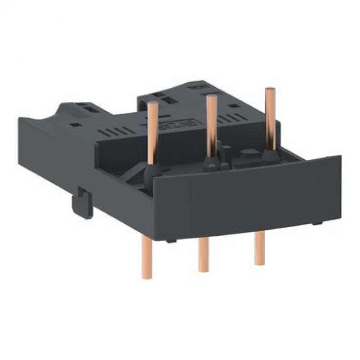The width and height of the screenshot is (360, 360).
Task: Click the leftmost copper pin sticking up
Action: pos(153,130)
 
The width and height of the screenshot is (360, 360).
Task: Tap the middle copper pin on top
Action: pos(210,121)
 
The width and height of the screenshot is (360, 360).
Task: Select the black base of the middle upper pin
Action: pos(209,162)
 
